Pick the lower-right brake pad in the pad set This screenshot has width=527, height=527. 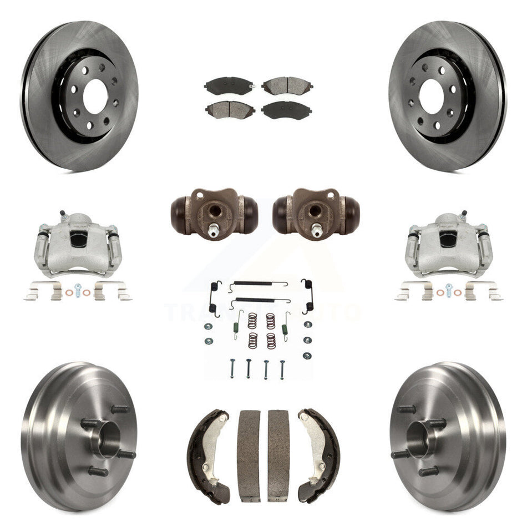point(286,109)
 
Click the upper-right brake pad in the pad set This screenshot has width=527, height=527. point(287,85)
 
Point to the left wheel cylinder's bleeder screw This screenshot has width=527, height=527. point(214,228)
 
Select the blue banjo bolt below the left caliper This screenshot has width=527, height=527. point(78,290)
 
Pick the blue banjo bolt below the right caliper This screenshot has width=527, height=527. point(448,290)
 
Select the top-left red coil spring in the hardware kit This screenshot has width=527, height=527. point(253,320)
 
